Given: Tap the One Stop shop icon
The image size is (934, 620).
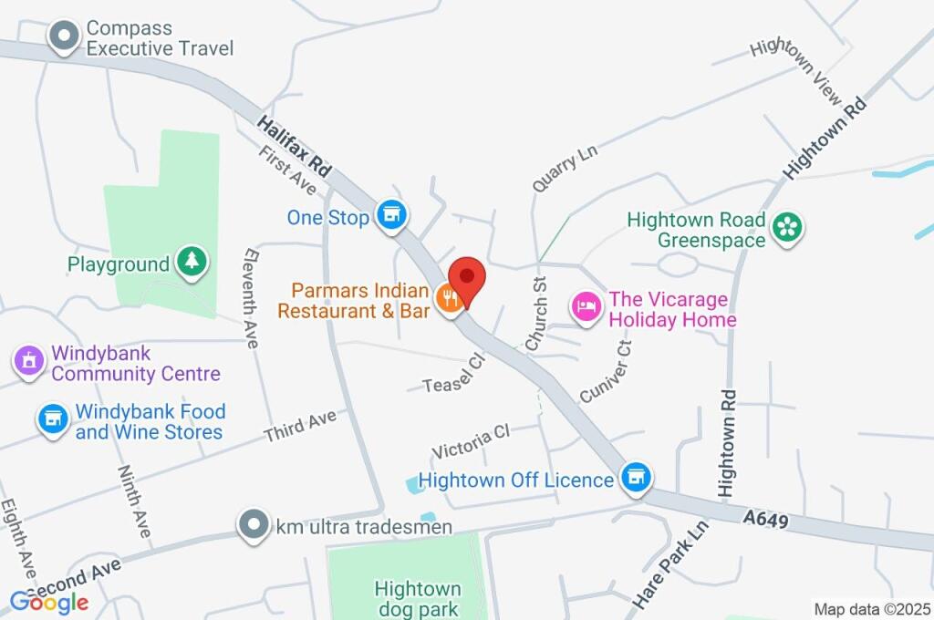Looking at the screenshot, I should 392,216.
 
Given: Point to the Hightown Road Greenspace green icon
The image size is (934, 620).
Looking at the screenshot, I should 784,227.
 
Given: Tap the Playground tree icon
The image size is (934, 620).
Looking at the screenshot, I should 191,263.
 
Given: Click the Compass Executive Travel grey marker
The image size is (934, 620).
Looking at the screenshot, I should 65,37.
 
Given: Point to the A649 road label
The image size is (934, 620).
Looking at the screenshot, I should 765,519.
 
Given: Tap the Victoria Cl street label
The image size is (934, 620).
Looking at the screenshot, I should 471,442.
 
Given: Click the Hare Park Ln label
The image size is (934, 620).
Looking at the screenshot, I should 669,566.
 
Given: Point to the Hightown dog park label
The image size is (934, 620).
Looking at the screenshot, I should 417,598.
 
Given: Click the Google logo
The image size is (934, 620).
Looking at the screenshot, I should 49,602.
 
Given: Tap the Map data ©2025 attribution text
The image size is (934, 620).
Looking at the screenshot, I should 872,609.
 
